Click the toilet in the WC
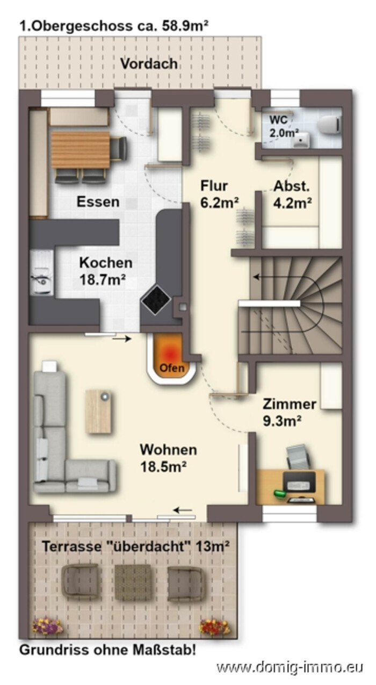pos(329,125)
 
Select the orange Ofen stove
pos(171,357)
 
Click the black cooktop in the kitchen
pos(156,300)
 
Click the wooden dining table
pos(81,149)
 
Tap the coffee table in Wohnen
pos(98,412)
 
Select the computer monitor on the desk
pos(299,481)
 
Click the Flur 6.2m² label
pos(219,194)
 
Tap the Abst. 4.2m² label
pos(292,194)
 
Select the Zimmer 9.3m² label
pos(289,412)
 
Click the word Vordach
pos(149,63)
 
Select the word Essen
pos(98,202)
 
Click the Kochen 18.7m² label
pos(106,271)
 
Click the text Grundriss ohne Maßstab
pos(107,650)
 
